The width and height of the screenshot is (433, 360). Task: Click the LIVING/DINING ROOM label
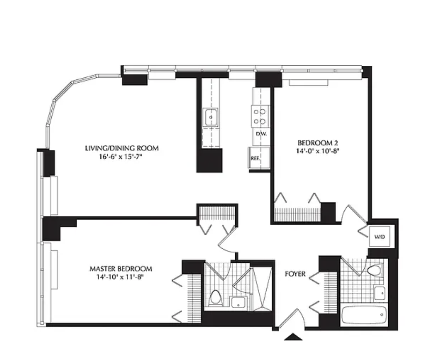click(122, 148)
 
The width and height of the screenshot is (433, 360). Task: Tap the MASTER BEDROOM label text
click(120, 269)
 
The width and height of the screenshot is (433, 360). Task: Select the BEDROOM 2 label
click(318, 143)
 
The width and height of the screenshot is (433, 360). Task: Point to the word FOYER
click(295, 274)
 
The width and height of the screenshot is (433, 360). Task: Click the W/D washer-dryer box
click(380, 236)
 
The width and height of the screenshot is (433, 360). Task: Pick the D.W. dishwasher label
click(261, 134)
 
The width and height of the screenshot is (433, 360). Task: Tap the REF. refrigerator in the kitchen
click(259, 158)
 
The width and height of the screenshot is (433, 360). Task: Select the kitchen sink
click(211, 117)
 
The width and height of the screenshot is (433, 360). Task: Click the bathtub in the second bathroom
click(364, 315)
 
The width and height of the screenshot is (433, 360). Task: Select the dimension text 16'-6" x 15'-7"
click(122, 157)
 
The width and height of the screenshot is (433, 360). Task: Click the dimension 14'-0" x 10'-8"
click(318, 151)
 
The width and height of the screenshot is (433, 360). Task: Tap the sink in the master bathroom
click(239, 302)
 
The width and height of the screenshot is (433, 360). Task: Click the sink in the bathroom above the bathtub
click(379, 293)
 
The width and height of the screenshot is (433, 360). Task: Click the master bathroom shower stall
click(262, 289)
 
